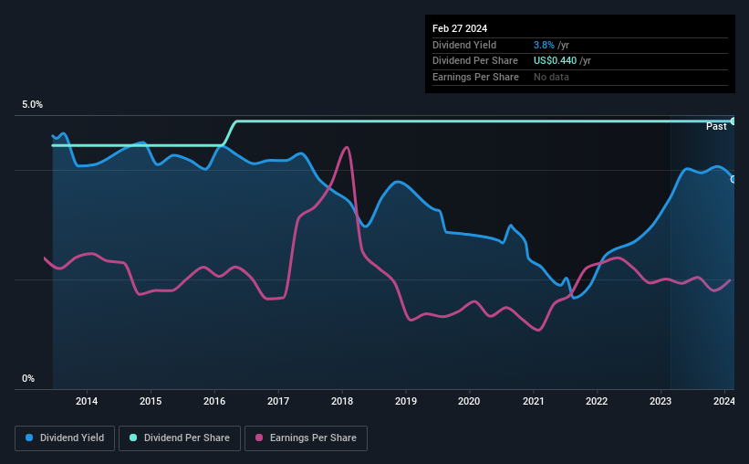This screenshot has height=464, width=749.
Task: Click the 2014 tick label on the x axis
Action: (x=87, y=401)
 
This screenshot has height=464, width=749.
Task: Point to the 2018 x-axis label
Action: (x=342, y=401)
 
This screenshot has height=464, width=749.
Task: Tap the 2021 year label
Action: (x=533, y=401)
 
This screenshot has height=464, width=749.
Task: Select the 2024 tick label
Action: (x=723, y=401)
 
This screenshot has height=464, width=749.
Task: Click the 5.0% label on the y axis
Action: (x=33, y=105)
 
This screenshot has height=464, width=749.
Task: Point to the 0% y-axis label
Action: (x=28, y=378)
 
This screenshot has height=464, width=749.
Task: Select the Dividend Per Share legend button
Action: (x=180, y=438)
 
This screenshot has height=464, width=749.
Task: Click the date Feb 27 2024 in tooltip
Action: (x=460, y=28)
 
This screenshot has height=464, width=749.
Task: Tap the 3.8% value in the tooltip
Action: (x=545, y=45)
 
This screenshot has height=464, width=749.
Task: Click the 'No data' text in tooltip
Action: (x=552, y=77)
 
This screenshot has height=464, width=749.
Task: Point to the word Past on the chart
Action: (x=716, y=126)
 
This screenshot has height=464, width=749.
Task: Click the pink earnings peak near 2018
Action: (x=346, y=147)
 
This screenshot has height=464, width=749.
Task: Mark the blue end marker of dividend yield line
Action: (x=733, y=179)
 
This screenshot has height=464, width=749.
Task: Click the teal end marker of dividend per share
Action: (x=733, y=121)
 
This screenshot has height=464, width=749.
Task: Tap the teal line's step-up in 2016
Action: (x=230, y=132)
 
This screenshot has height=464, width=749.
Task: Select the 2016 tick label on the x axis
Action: (x=214, y=401)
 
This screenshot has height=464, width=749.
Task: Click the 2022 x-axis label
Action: (x=597, y=401)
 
